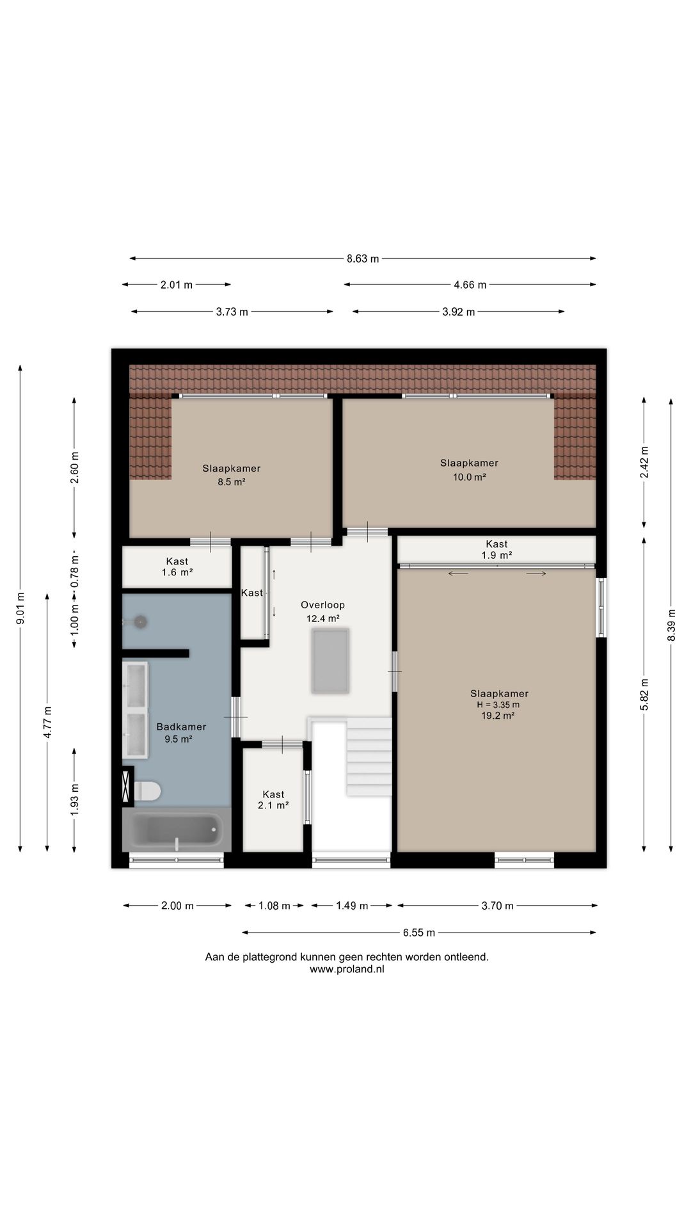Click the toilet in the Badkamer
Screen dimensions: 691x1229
tap(147, 791)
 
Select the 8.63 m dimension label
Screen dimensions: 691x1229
tap(363, 259)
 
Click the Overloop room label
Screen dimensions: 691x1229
tap(323, 605)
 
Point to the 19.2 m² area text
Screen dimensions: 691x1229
tap(498, 716)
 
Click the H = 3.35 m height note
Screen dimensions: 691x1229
tap(498, 705)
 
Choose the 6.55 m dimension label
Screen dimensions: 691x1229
tap(419, 933)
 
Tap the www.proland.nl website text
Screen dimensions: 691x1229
tap(347, 969)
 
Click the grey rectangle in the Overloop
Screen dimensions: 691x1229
tap(330, 661)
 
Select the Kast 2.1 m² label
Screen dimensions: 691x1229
tap(273, 800)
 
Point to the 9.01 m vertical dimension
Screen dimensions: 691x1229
tap(20, 608)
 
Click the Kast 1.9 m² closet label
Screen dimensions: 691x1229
tap(496, 550)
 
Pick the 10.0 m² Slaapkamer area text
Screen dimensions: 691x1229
tap(470, 477)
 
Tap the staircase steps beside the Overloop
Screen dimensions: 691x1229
tap(369, 757)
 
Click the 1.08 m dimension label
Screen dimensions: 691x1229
tap(274, 906)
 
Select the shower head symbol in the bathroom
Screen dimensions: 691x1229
tap(139, 622)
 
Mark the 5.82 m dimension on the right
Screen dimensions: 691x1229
tap(644, 694)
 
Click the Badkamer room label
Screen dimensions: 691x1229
tap(181, 727)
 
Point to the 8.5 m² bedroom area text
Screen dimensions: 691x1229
tap(232, 482)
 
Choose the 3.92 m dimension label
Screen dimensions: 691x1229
tap(459, 312)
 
